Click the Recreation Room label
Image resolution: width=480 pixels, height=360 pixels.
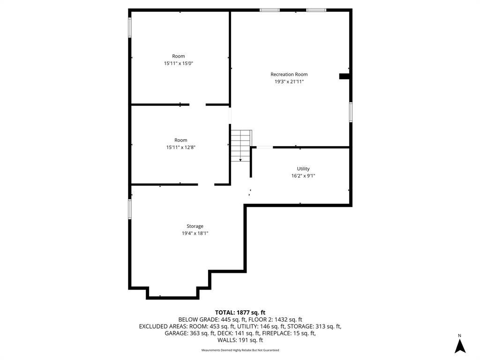(x=289, y=75)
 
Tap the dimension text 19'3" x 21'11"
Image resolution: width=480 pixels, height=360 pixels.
(x=289, y=82)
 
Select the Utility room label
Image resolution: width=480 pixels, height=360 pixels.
(x=303, y=169)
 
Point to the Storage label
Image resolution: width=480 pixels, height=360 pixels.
(x=195, y=226)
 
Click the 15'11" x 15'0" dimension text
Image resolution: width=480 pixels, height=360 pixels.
(x=179, y=63)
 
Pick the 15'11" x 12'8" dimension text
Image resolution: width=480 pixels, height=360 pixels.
(x=181, y=147)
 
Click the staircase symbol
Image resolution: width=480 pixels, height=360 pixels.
(x=241, y=146)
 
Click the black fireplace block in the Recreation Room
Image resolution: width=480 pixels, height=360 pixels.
(x=344, y=76)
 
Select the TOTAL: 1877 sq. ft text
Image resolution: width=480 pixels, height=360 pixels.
(x=240, y=313)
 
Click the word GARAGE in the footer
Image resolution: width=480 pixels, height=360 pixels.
(x=176, y=333)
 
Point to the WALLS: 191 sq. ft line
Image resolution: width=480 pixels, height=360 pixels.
(x=240, y=340)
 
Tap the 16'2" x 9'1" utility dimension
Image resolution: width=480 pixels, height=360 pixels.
(x=303, y=176)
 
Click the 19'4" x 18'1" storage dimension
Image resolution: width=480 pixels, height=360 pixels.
(x=195, y=233)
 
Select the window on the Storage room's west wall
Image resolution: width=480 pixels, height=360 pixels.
(x=130, y=210)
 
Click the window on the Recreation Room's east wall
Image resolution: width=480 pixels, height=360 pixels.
(x=351, y=112)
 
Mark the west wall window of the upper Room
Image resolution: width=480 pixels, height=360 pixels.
(x=130, y=28)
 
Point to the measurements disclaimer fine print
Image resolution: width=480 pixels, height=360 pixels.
(x=240, y=350)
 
